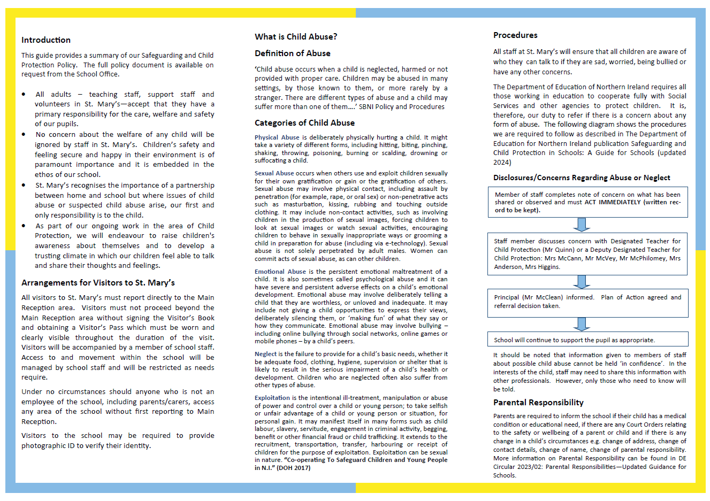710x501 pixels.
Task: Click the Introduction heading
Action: pyautogui.click(x=46, y=40)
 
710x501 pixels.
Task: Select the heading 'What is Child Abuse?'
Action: pyautogui.click(x=296, y=37)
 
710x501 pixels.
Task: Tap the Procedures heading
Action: pyautogui.click(x=515, y=35)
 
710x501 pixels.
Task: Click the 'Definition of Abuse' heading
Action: pyautogui.click(x=292, y=53)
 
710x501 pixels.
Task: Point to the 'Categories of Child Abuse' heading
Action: pyautogui.click(x=304, y=123)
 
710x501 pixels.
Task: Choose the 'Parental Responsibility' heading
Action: pyautogui.click(x=538, y=403)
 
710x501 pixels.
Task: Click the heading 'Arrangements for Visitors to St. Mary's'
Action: pyautogui.click(x=98, y=283)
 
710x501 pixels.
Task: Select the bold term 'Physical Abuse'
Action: pyautogui.click(x=277, y=137)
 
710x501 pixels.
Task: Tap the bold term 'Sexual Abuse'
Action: pyautogui.click(x=274, y=173)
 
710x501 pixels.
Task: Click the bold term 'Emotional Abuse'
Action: pyautogui.click(x=277, y=272)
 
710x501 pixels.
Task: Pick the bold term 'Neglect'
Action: pyautogui.click(x=265, y=354)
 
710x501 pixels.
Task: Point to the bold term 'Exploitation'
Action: pyautogui.click(x=272, y=398)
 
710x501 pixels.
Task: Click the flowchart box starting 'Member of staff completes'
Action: pyautogui.click(x=587, y=202)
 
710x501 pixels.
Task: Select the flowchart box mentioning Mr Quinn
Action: pyautogui.click(x=587, y=254)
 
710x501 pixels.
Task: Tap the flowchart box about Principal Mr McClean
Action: pyautogui.click(x=587, y=302)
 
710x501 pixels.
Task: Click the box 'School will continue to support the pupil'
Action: pyautogui.click(x=587, y=340)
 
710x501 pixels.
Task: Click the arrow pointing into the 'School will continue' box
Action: pyautogui.click(x=582, y=325)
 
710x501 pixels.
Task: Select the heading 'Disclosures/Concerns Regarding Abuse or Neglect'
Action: pyautogui.click(x=582, y=178)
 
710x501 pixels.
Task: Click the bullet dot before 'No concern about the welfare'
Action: pyautogui.click(x=24, y=135)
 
